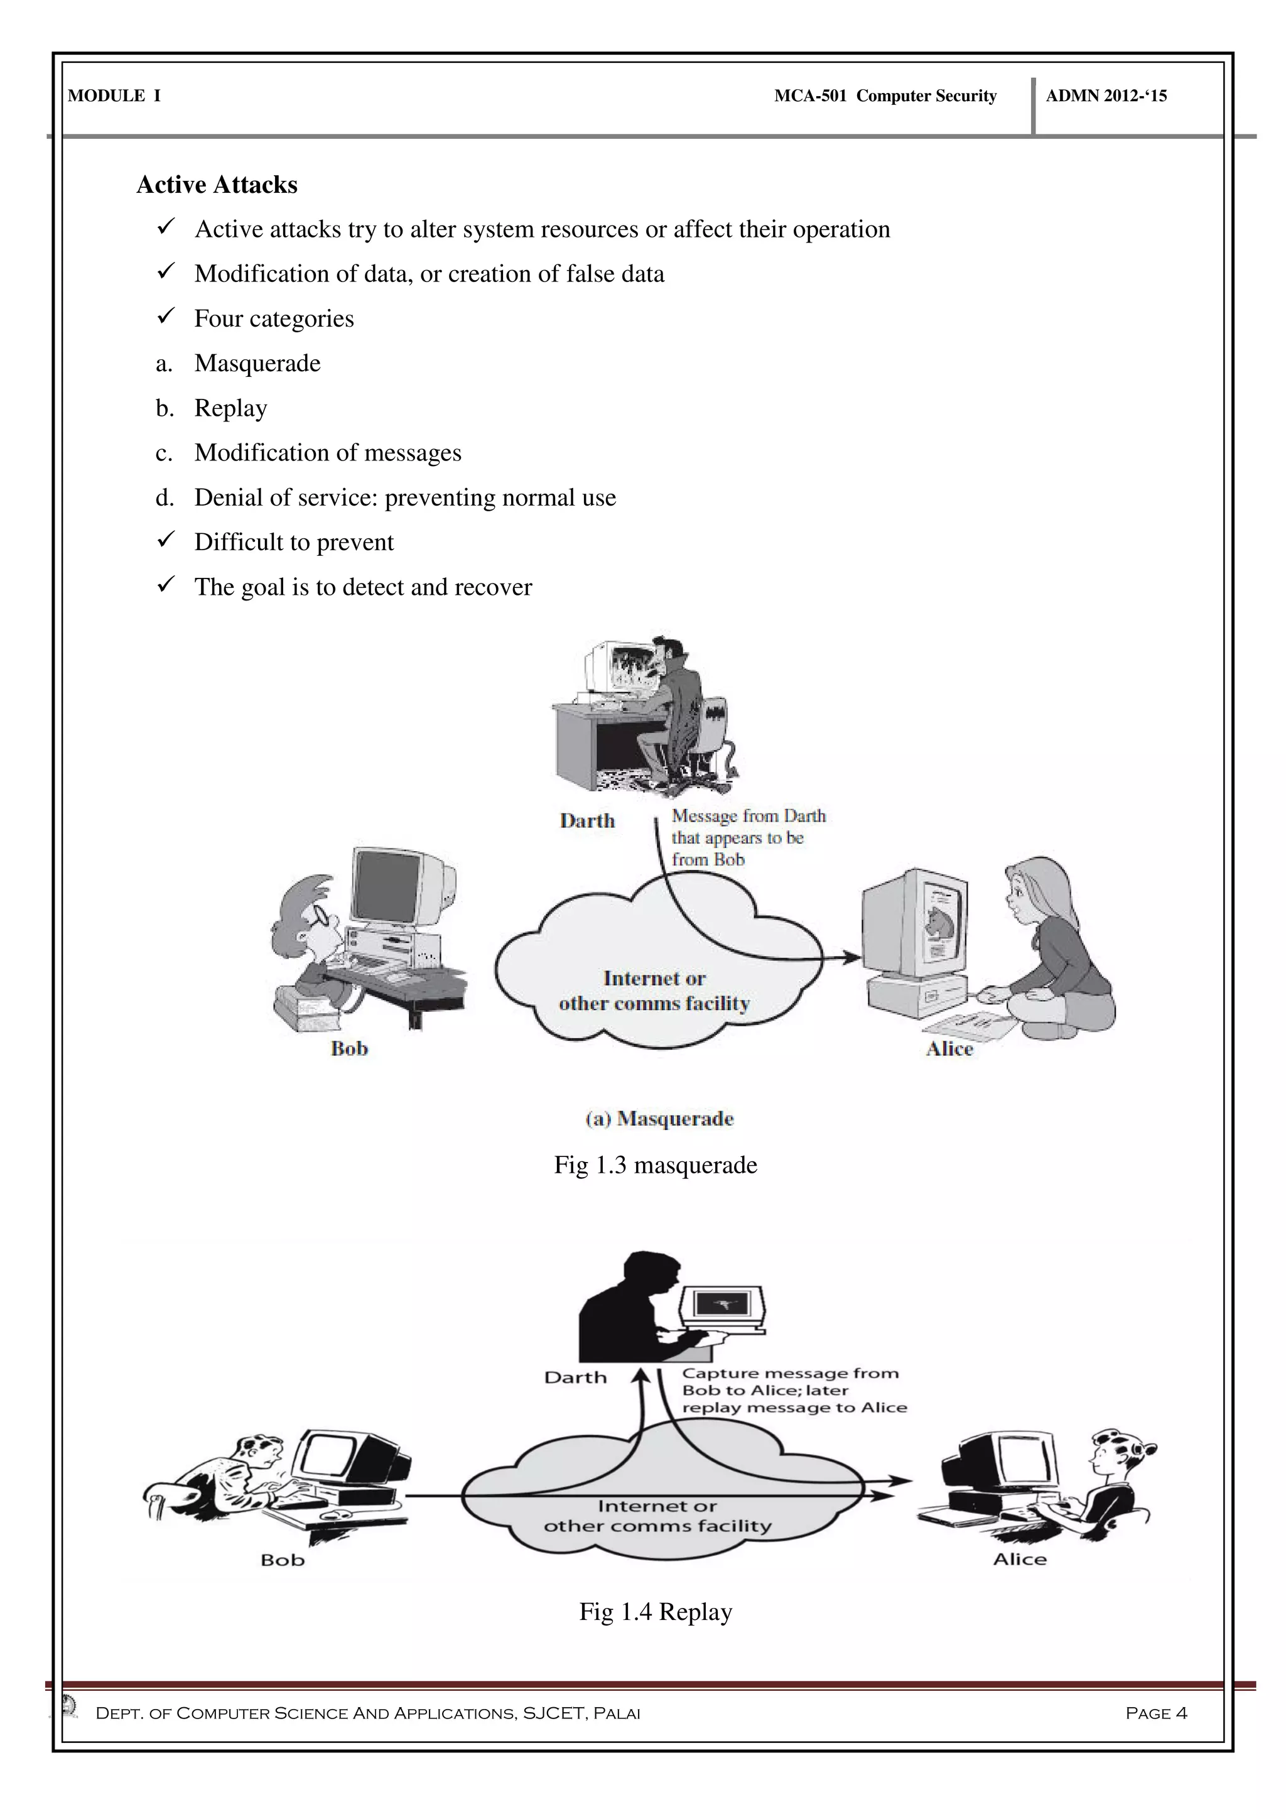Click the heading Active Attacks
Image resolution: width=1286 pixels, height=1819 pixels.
coord(217,185)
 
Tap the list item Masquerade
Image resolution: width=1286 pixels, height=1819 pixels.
coord(257,364)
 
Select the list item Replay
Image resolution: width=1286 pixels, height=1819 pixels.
coord(230,408)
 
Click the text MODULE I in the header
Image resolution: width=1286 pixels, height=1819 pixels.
coord(114,96)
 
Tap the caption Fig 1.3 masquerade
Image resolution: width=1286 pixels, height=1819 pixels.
coord(655,1165)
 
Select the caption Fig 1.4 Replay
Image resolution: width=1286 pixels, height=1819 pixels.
coord(655,1612)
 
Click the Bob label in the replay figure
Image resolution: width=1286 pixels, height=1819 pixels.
coord(283,1560)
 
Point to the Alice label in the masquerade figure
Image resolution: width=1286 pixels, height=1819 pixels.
coord(949,1049)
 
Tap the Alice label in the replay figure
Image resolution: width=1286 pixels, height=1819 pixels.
coord(1019,1559)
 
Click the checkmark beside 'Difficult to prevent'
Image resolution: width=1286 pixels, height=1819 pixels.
coord(166,541)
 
